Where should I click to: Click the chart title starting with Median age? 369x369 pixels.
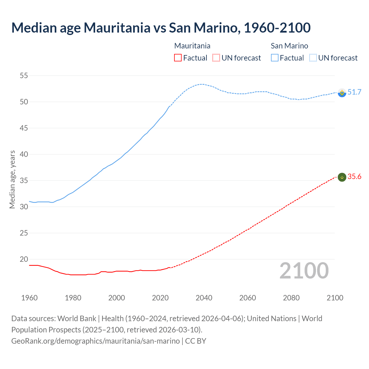[161, 28]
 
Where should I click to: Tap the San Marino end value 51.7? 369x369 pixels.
[354, 92]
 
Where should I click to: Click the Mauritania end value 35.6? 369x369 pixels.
[354, 176]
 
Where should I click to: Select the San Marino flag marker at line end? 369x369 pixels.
[342, 93]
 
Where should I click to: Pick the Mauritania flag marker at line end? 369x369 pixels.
[342, 177]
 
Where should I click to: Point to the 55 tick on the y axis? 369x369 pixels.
[24, 76]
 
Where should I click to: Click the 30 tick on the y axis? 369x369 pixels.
[24, 207]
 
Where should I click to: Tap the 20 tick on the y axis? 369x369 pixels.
[24, 259]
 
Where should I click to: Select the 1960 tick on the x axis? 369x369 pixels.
[29, 298]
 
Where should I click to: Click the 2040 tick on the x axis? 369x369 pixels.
[204, 298]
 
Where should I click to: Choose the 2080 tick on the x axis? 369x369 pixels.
[291, 298]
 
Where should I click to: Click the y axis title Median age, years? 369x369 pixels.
[12, 179]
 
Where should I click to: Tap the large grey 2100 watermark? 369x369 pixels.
[304, 270]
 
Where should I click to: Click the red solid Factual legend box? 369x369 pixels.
[178, 58]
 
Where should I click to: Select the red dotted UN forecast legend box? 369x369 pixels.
[216, 58]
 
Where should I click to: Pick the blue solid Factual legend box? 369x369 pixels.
[275, 58]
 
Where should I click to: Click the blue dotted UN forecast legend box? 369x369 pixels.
[313, 58]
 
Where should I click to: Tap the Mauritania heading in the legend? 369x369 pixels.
[192, 46]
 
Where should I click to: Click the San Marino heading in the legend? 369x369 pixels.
[289, 46]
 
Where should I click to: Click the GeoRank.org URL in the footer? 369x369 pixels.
[95, 341]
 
